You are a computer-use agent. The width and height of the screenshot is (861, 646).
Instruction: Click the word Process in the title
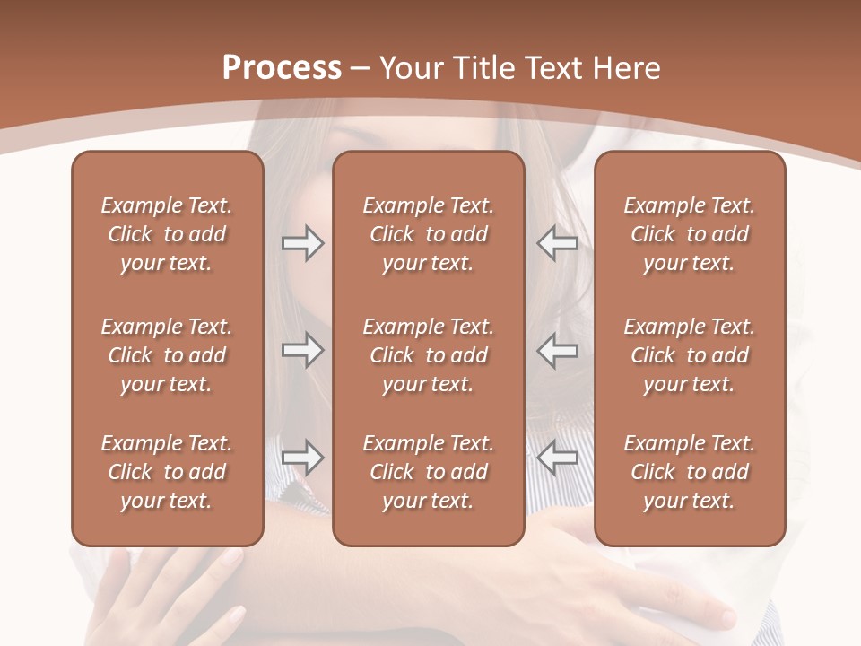click(282, 68)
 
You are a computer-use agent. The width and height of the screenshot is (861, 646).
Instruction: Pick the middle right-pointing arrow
click(302, 350)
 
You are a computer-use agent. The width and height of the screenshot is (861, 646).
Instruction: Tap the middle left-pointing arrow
click(558, 350)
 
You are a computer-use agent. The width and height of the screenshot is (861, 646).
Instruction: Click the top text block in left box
click(167, 234)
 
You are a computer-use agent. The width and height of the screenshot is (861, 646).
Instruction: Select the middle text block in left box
click(167, 355)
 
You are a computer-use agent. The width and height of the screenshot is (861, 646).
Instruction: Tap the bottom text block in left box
click(167, 472)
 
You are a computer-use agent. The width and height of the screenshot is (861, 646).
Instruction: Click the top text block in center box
click(428, 234)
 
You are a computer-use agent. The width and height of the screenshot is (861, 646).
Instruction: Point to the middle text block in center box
click(428, 355)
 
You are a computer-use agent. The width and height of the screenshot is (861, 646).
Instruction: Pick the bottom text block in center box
click(428, 472)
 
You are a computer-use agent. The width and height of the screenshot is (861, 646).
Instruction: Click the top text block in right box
click(689, 234)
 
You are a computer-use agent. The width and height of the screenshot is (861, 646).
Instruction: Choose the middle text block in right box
click(689, 355)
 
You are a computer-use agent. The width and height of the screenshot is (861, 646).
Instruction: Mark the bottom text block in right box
click(689, 472)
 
